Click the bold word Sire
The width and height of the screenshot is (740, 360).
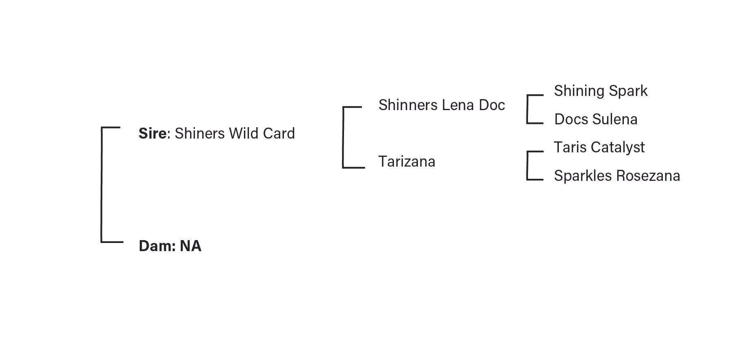[152, 133]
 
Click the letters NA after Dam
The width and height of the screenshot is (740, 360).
[190, 246]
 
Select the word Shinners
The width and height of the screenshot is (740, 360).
[408, 105]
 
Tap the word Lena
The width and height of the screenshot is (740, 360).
[458, 105]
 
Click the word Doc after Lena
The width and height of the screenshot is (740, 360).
[492, 105]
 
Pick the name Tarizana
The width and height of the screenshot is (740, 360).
[407, 161]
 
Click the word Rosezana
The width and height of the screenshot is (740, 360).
[648, 176]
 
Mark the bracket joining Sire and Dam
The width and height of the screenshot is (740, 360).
[102, 185]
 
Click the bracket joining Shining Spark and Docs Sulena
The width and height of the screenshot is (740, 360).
[527, 109]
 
